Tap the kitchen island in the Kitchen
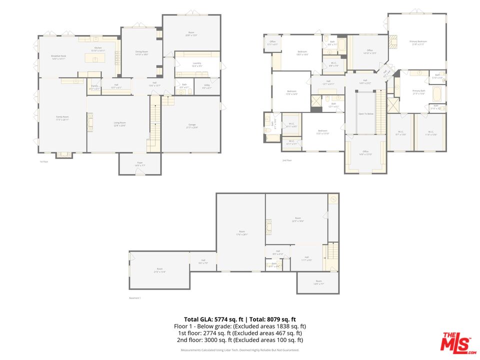pyautogui.click(x=94, y=58)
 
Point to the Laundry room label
pyautogui.click(x=196, y=64)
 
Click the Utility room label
pyautogui.click(x=206, y=86)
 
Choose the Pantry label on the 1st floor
pyautogui.click(x=94, y=87)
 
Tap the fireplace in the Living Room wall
pyautogui.click(x=90, y=122)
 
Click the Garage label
pyautogui.click(x=191, y=126)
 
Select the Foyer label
pyautogui.click(x=139, y=164)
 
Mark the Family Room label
pyautogui.click(x=62, y=117)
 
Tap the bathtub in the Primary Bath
pyautogui.click(x=436, y=94)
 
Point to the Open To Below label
pyautogui.click(x=365, y=114)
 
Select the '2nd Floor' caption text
pyautogui.click(x=286, y=160)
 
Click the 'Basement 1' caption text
pyautogui.click(x=135, y=298)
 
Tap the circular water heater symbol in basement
pyautogui.click(x=332, y=199)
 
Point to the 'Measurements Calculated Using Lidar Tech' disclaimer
pyautogui.click(x=239, y=350)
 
